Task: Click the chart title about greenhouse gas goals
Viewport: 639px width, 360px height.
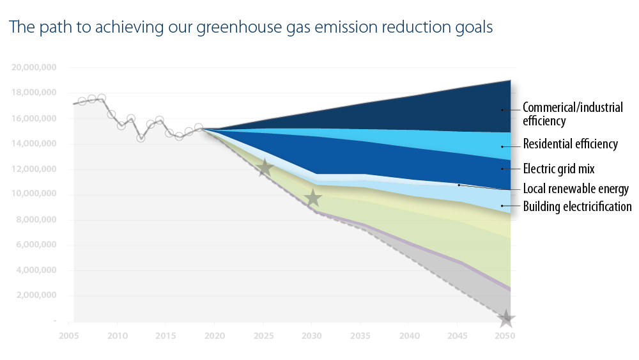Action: [x=250, y=27]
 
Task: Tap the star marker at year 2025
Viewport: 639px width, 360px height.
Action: [x=265, y=169]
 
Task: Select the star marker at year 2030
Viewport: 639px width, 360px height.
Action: [x=312, y=198]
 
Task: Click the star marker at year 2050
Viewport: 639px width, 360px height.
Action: [x=506, y=318]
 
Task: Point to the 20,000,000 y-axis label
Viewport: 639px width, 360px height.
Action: [x=35, y=67]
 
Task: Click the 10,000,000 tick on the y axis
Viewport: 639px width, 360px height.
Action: [x=35, y=194]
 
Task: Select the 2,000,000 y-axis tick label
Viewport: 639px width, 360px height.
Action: [x=36, y=295]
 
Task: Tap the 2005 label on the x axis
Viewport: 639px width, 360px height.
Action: [x=68, y=335]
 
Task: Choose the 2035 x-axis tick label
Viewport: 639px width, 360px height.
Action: [x=360, y=335]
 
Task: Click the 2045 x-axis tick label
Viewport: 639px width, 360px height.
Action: [x=458, y=335]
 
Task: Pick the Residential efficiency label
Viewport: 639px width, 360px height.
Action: [x=570, y=144]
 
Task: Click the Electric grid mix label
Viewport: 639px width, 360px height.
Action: [x=558, y=169]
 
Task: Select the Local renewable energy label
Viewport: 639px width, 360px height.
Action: [x=576, y=189]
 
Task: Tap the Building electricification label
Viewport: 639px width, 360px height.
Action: [x=577, y=207]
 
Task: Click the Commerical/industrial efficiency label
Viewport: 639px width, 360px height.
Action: [x=572, y=114]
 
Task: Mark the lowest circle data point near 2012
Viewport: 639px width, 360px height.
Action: [x=141, y=137]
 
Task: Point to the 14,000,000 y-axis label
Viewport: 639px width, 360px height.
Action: [x=35, y=144]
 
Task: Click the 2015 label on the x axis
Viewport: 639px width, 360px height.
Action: [x=165, y=335]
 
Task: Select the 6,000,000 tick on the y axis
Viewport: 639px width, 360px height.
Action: [x=36, y=245]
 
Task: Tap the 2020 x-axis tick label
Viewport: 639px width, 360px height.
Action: [x=214, y=335]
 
